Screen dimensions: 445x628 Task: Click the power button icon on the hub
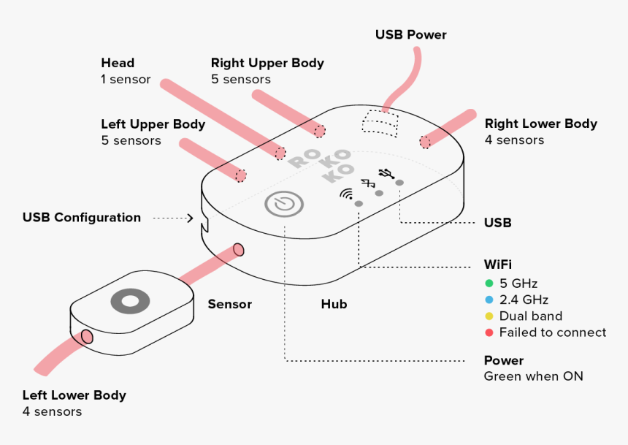pyautogui.click(x=284, y=204)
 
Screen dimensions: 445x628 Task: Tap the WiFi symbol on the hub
pyautogui.click(x=346, y=194)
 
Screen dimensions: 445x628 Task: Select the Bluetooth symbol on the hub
pyautogui.click(x=368, y=183)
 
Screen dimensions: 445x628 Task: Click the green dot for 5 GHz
pyautogui.click(x=489, y=283)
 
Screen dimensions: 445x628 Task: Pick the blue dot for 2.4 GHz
pyautogui.click(x=489, y=300)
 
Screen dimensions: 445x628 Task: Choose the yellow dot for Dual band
pyautogui.click(x=489, y=316)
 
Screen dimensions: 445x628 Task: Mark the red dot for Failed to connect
pyautogui.click(x=489, y=332)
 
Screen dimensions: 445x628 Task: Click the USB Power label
pyautogui.click(x=410, y=34)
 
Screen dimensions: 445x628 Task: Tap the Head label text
pyautogui.click(x=118, y=63)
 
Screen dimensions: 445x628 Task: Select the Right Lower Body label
pyautogui.click(x=540, y=123)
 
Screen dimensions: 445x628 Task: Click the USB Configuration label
pyautogui.click(x=82, y=217)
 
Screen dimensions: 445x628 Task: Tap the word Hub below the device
pyautogui.click(x=334, y=304)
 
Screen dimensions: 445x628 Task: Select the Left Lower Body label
pyautogui.click(x=74, y=395)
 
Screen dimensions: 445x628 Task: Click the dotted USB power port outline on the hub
pyautogui.click(x=382, y=122)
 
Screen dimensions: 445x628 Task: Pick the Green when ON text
pyautogui.click(x=533, y=376)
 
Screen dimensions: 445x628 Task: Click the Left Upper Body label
pyautogui.click(x=153, y=124)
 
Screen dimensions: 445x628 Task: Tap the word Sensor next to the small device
pyautogui.click(x=229, y=304)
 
